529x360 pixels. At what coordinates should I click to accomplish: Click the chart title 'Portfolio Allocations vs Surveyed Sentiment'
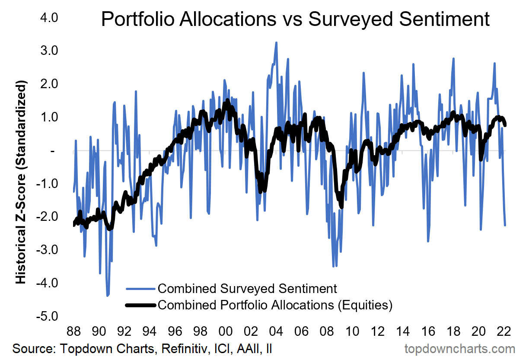coord(295,20)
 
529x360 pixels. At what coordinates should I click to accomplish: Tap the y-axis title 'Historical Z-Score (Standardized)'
coord(20,182)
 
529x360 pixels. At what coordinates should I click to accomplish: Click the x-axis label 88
coord(73,332)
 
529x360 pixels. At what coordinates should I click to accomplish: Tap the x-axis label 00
coord(225,332)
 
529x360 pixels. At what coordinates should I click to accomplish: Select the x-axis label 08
coord(326,332)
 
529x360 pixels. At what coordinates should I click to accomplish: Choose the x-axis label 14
coord(402,332)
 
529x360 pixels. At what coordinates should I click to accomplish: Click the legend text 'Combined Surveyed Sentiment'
coord(247,288)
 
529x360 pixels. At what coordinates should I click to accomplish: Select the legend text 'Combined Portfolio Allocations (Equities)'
coord(275,305)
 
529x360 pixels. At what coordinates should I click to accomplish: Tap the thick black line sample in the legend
coord(140,305)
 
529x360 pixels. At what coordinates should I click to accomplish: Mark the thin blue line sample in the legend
coord(140,288)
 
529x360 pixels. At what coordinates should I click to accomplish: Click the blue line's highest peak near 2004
coord(276,42)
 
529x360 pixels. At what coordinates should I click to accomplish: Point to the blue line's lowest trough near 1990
coord(107,296)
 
